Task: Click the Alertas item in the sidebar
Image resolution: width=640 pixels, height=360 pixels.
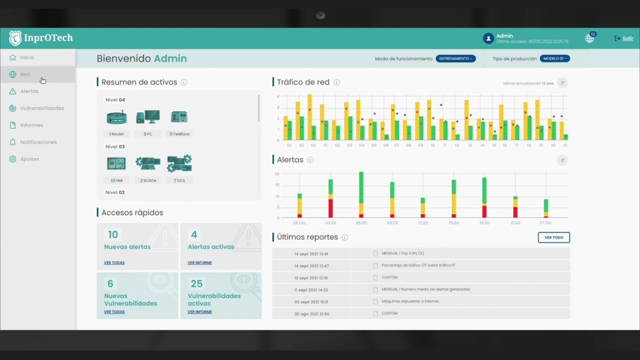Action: pos(29,91)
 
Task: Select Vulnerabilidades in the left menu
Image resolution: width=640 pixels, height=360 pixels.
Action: pos(42,108)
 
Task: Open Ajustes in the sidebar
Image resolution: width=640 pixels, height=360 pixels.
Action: pos(29,159)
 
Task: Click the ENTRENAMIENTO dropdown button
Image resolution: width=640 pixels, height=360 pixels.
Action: pos(455,58)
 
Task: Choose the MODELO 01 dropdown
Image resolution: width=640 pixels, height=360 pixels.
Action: pos(554,58)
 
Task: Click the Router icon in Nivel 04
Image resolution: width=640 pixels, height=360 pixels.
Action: pos(116,117)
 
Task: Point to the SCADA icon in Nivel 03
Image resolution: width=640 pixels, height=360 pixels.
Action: pos(147,163)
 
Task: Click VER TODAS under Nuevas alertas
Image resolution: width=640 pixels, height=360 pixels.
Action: pos(114,262)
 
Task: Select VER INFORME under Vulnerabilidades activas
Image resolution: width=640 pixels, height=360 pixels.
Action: pos(199,312)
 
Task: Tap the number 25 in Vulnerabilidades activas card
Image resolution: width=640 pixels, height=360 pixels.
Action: pos(196,284)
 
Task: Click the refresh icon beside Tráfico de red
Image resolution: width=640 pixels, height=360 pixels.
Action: pos(562,83)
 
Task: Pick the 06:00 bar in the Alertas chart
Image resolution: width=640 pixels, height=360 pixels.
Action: pos(361,195)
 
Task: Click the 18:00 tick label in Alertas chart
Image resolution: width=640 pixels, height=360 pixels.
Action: pos(484,223)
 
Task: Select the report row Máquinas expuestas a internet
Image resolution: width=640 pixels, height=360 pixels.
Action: pos(410,301)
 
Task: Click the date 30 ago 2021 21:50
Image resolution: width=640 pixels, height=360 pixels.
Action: pos(311,314)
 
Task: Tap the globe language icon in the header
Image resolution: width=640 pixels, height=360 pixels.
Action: pos(589,38)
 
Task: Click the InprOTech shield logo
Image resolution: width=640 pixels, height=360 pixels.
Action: pos(15,38)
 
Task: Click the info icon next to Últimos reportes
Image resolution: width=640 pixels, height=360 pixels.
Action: pos(344,237)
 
